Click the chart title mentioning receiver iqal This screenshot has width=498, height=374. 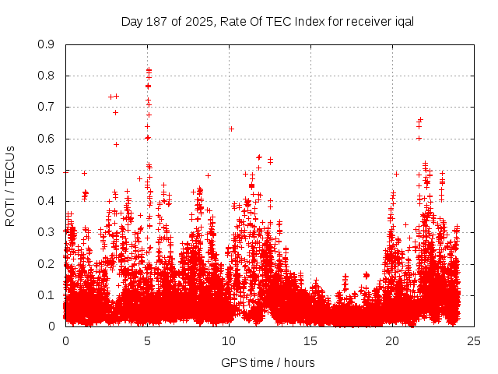pyautogui.click(x=267, y=21)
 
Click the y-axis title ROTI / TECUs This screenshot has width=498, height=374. pyautogui.click(x=10, y=185)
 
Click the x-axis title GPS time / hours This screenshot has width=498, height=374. pyautogui.click(x=268, y=362)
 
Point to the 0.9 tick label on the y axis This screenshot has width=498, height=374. pyautogui.click(x=46, y=44)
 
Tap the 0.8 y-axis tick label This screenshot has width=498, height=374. pyautogui.click(x=46, y=76)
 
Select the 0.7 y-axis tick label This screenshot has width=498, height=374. pyautogui.click(x=46, y=107)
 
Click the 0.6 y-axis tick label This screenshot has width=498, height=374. pyautogui.click(x=46, y=139)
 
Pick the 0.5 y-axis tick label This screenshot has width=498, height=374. pyautogui.click(x=46, y=170)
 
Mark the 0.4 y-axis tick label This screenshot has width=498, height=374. pyautogui.click(x=46, y=201)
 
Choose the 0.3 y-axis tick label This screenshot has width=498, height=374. pyautogui.click(x=46, y=232)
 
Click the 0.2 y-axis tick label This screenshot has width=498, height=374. pyautogui.click(x=46, y=264)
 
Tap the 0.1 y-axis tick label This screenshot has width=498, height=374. pyautogui.click(x=46, y=295)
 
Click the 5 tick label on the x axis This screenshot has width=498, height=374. pyautogui.click(x=147, y=340)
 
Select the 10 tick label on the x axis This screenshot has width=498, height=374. pyautogui.click(x=229, y=340)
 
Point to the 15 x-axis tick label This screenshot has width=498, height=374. pyautogui.click(x=310, y=340)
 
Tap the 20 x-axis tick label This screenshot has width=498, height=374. pyautogui.click(x=392, y=340)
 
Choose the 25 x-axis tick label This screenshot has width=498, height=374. pyautogui.click(x=474, y=340)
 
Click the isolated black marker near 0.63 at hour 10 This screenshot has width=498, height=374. pyautogui.click(x=231, y=129)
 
